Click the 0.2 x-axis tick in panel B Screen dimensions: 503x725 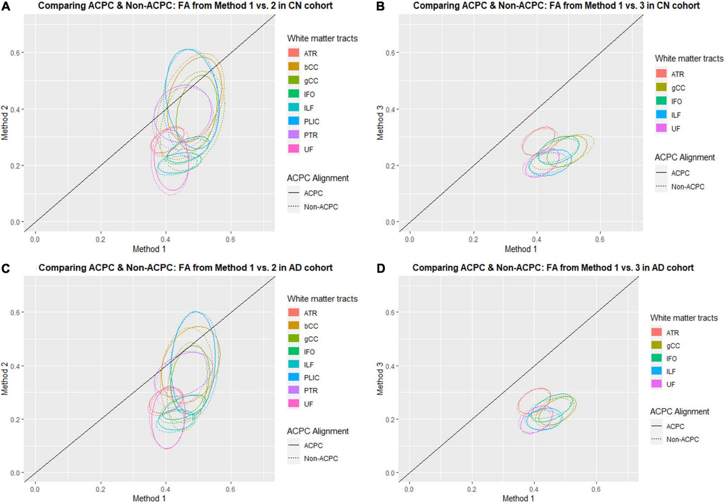click(x=473, y=241)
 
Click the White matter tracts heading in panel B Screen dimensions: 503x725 click(x=689, y=59)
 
